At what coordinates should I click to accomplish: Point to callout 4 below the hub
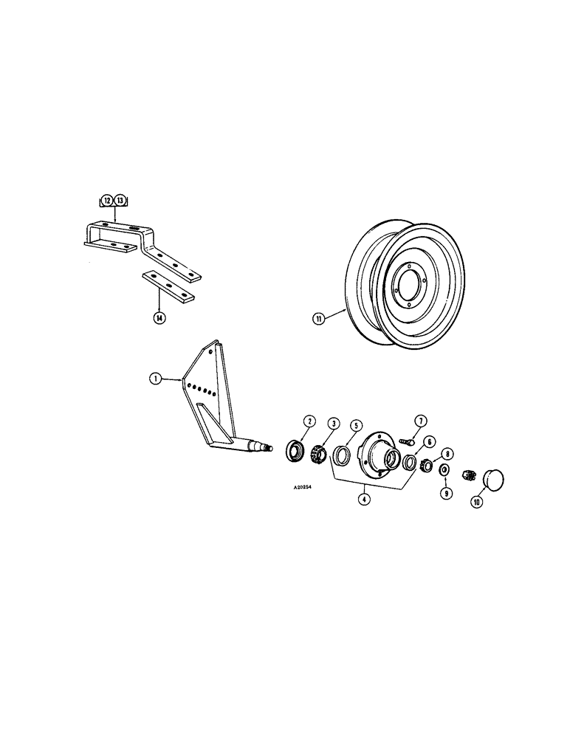coord(363,498)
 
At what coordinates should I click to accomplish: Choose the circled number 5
coord(355,425)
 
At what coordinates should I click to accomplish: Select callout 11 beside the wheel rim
coord(318,319)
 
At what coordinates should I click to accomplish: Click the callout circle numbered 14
coord(159,318)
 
